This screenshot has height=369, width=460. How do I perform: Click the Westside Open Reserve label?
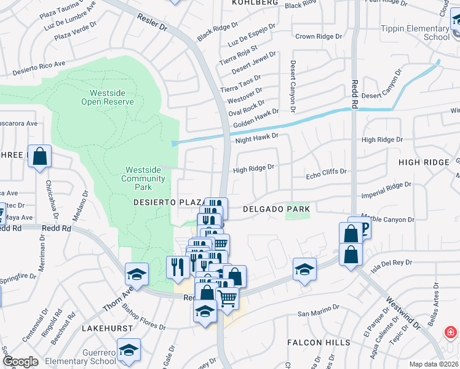pyautogui.click(x=108, y=97)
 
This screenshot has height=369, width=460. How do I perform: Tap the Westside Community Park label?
pyautogui.click(x=143, y=174)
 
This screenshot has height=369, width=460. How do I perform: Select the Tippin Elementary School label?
pyautogui.click(x=414, y=33)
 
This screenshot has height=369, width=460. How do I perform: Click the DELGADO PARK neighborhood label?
pyautogui.click(x=276, y=210)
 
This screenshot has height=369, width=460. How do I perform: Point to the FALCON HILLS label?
pyautogui.click(x=319, y=343)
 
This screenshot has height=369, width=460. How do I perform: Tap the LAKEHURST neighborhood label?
pyautogui.click(x=108, y=328)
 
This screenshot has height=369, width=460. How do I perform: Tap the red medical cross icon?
pyautogui.click(x=451, y=333)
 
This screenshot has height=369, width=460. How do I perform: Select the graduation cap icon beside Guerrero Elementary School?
pyautogui.click(x=129, y=349)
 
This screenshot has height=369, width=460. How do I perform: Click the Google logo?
pyautogui.click(x=20, y=362)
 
